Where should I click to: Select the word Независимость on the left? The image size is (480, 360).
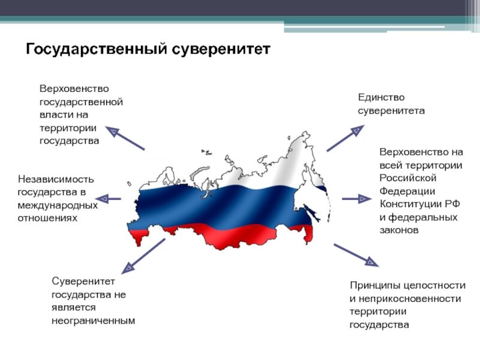(x=56, y=179)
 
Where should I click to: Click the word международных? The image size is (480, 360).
(x=57, y=205)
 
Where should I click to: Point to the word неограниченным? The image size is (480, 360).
(x=93, y=320)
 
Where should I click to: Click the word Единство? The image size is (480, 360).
(x=381, y=97)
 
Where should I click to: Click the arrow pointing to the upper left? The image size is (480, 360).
(x=125, y=138)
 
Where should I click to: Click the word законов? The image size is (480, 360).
(x=398, y=230)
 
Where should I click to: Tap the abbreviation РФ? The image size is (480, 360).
(x=452, y=204)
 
